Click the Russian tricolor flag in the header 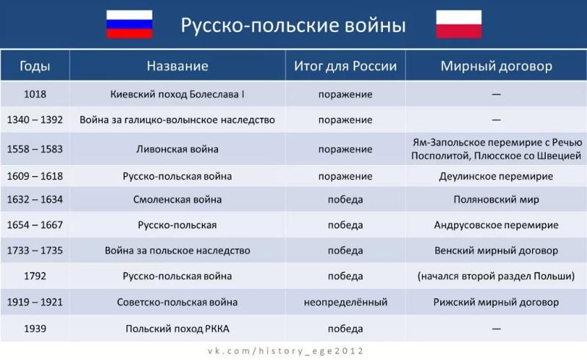point(129,24)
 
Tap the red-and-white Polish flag point(459,24)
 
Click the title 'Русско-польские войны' point(293,26)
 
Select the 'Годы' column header point(34,66)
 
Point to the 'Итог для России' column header point(345,66)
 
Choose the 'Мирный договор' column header point(496,66)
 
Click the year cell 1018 point(34,94)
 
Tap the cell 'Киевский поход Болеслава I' point(177,94)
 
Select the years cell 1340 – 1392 point(34,120)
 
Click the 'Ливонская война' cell point(177,149)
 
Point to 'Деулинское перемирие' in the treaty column point(496,176)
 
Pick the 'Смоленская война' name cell point(177,199)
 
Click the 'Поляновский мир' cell point(496,199)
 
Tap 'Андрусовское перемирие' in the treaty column point(496,225)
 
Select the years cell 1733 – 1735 point(34,250)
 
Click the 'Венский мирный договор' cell point(496,250)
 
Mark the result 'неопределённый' point(345,302)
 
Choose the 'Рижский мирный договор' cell point(496,302)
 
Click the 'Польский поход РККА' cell point(177,328)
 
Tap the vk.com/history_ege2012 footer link point(285,351)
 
